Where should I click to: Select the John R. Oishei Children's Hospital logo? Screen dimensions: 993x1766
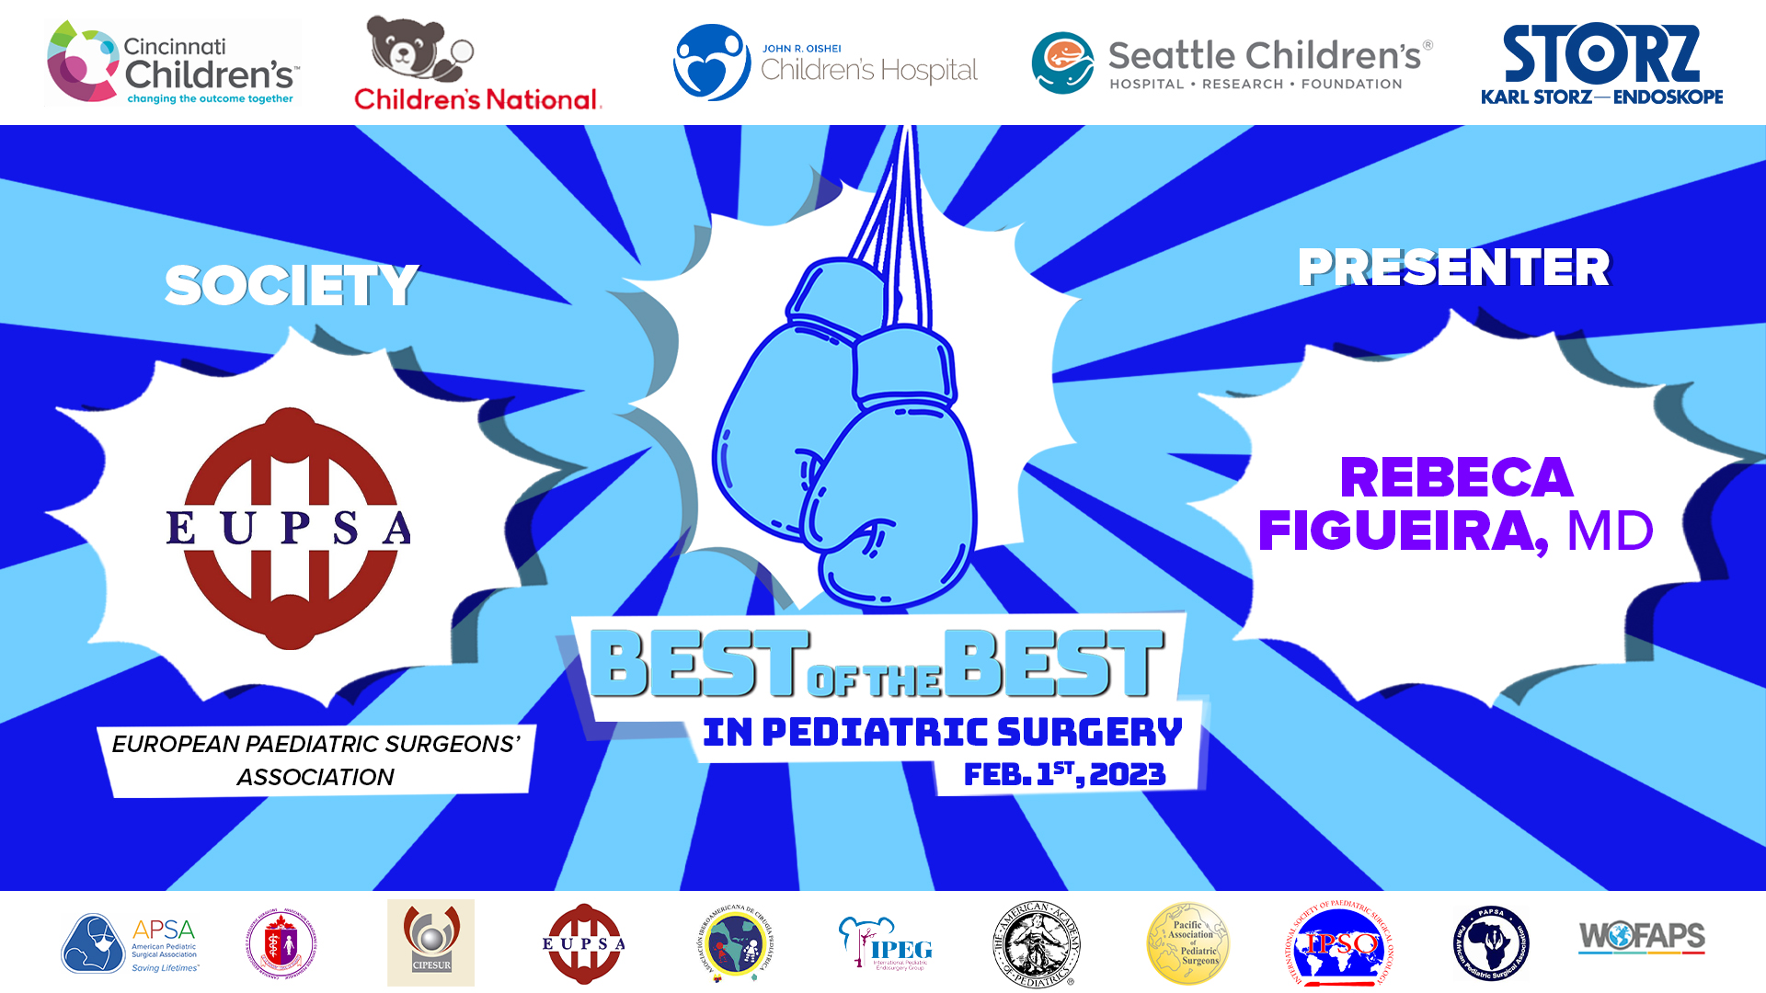[x=825, y=63]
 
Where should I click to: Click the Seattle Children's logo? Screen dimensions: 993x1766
[x=1232, y=63]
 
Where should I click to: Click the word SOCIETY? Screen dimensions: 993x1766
[x=292, y=285]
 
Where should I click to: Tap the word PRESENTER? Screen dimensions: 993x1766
[x=1453, y=268]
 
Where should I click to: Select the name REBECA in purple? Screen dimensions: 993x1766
[x=1456, y=477]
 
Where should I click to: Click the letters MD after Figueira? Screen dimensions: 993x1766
[x=1609, y=531]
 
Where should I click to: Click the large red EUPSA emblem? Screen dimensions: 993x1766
[x=291, y=529]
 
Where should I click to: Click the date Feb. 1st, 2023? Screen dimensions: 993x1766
[x=1064, y=774]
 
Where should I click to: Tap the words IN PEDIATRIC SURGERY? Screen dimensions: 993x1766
[x=942, y=732]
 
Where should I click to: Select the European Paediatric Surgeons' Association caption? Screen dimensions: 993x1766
[x=315, y=759]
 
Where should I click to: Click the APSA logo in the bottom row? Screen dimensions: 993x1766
[x=130, y=943]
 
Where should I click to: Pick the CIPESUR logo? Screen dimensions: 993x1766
[x=430, y=942]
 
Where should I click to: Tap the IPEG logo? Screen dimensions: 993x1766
[x=886, y=943]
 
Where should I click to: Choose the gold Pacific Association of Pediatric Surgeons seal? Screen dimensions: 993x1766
[x=1187, y=943]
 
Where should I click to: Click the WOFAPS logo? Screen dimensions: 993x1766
[x=1642, y=938]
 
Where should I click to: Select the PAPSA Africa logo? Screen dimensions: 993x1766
[x=1491, y=943]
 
